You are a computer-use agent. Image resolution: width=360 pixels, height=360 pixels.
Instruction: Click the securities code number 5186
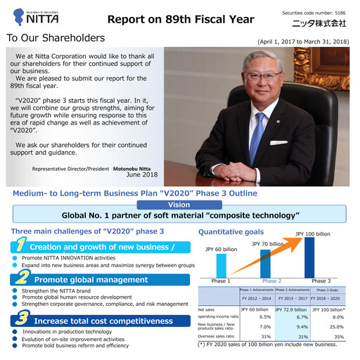[340, 13]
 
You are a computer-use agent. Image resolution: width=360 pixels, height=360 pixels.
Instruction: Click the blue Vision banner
[179, 204]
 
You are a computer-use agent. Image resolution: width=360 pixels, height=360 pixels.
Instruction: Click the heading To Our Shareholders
[56, 38]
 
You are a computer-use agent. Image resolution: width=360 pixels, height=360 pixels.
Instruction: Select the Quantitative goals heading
[231, 231]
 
